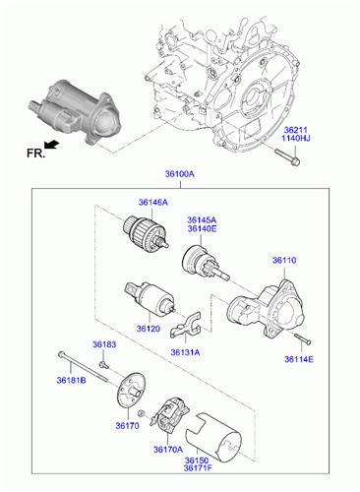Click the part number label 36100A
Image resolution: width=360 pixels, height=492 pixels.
(179, 174)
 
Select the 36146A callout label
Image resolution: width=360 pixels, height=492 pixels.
(152, 203)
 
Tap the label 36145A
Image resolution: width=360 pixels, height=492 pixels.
(202, 219)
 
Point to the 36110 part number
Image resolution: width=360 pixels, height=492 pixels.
(284, 261)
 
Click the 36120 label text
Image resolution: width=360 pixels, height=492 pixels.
(149, 329)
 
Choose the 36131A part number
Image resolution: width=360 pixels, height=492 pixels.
(185, 352)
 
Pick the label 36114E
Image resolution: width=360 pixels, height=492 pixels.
(299, 359)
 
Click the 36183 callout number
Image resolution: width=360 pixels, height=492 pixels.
(104, 344)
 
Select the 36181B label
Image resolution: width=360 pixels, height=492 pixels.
(71, 380)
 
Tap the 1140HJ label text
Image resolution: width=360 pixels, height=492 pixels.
(296, 138)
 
